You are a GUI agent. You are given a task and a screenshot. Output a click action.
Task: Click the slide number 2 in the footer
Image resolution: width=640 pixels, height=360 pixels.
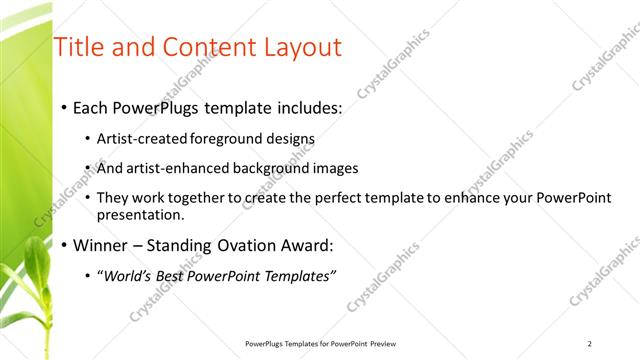[590, 343]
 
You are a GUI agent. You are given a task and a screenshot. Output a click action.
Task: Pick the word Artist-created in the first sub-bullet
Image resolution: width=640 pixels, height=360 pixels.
[138, 138]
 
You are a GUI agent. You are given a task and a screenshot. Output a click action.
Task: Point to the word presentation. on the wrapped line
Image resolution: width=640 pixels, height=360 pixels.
[141, 214]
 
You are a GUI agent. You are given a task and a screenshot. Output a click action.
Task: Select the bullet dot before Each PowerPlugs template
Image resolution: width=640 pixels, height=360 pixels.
[63, 107]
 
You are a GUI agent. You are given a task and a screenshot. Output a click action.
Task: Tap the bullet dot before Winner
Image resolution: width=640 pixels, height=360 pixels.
[63, 245]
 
